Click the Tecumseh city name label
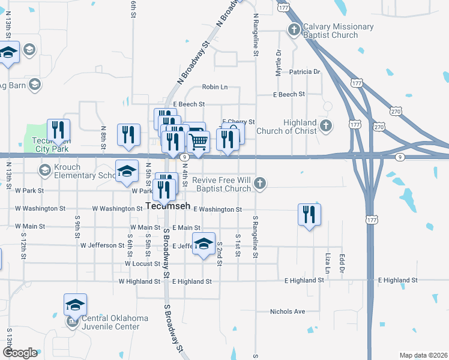(x=169, y=206)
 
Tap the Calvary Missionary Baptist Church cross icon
(x=294, y=29)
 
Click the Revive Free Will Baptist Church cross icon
(x=259, y=183)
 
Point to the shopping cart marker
(x=198, y=142)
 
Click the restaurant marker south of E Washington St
(x=309, y=214)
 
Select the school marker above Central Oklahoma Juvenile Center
(x=75, y=304)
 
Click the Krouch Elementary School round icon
(x=44, y=170)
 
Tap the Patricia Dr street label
(x=304, y=72)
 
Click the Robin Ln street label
(x=215, y=87)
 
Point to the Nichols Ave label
(x=288, y=311)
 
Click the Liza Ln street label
(x=328, y=263)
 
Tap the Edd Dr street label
(x=342, y=262)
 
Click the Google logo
(x=20, y=353)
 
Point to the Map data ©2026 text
(x=423, y=355)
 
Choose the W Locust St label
(x=143, y=263)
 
